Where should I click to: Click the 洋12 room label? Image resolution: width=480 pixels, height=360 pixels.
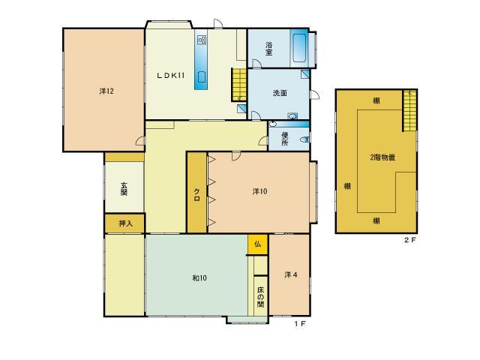(x=106, y=91)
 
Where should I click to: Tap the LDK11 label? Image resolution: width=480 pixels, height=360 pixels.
(x=170, y=75)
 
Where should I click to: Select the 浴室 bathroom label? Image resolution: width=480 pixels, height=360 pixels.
(x=268, y=49)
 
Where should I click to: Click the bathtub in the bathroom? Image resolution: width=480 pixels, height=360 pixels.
(x=299, y=48)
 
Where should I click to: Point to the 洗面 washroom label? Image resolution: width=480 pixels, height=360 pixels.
(x=280, y=93)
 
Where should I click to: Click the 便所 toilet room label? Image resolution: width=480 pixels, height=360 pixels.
(x=285, y=139)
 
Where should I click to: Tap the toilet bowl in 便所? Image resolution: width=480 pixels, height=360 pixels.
(x=304, y=139)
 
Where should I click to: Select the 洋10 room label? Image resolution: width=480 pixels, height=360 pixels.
(x=259, y=191)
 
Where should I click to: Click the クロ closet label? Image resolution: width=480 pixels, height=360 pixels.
(x=196, y=195)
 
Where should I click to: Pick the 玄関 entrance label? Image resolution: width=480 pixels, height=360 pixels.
(x=124, y=189)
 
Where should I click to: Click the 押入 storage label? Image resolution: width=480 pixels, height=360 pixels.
(x=125, y=223)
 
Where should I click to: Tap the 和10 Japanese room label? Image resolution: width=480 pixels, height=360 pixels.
(x=199, y=278)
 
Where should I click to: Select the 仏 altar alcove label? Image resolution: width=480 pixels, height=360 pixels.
(x=258, y=244)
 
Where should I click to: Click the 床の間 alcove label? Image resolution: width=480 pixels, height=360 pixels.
(x=260, y=297)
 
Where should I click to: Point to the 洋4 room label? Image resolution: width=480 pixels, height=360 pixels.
(x=291, y=275)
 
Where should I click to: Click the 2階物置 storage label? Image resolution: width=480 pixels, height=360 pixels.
(x=382, y=157)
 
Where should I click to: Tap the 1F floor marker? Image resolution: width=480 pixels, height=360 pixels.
(x=300, y=323)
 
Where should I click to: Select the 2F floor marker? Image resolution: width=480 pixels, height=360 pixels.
(x=410, y=240)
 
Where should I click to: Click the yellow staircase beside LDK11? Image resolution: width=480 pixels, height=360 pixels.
(x=239, y=85)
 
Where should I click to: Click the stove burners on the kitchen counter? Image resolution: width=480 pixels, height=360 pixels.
(x=202, y=40)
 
